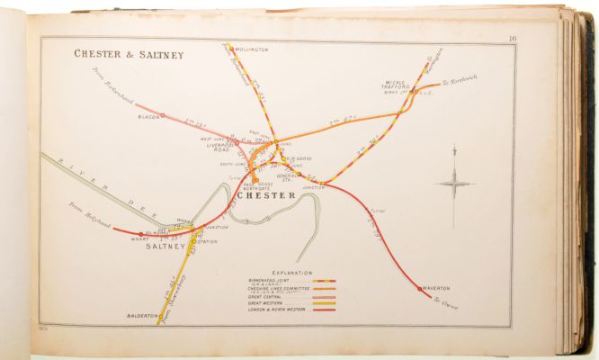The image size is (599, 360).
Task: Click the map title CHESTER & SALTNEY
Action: (129, 55)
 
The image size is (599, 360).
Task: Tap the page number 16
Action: (511, 38)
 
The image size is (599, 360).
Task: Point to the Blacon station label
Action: (148, 116)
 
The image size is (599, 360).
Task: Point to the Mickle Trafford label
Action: (392, 83)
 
